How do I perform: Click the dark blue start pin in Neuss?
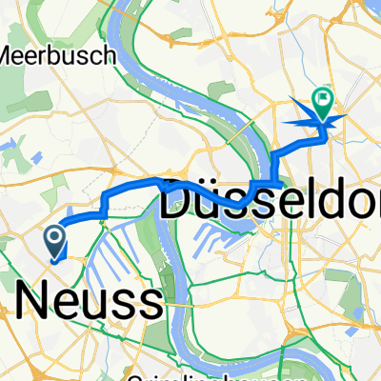[x=55, y=240]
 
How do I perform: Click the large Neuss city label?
[x=88, y=302]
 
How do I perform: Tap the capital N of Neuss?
[x=30, y=302]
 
